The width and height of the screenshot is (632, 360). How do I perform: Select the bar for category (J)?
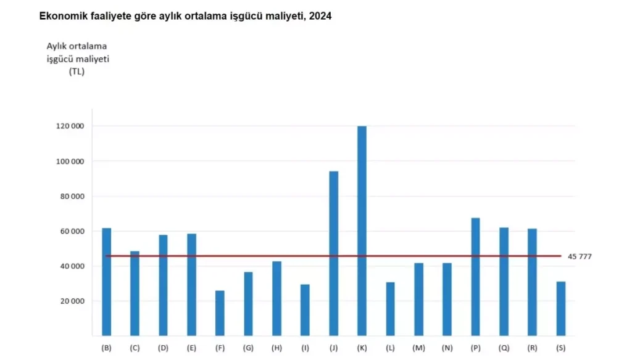[x=333, y=253]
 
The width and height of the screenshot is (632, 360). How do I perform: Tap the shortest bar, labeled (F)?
[x=220, y=313]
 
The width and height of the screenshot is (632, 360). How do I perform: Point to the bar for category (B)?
[x=107, y=282]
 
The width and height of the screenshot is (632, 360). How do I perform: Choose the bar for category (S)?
[x=560, y=308]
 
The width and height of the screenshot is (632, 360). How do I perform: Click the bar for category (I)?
[x=305, y=310]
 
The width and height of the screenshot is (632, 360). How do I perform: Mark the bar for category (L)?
[x=390, y=309]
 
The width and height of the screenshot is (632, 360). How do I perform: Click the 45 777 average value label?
[x=579, y=256]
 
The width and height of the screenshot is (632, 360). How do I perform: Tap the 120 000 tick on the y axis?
[x=70, y=127]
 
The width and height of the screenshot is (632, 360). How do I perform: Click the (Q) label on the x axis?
[x=504, y=348]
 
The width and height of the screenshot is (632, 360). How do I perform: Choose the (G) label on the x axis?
[x=248, y=348]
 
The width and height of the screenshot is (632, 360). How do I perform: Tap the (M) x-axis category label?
[x=418, y=348]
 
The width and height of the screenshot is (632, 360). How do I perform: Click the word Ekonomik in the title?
[x=61, y=17]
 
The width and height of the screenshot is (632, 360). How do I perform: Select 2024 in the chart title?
[x=321, y=17]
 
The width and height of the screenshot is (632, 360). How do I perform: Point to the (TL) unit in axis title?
[x=77, y=72]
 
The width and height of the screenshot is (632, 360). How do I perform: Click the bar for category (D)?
[x=163, y=285]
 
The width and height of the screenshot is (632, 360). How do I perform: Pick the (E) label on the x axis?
[x=191, y=348]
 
